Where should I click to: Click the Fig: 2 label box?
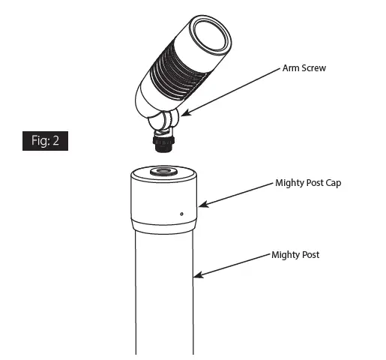[x=45, y=141]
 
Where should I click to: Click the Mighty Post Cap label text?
[x=308, y=183]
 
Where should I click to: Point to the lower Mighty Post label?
[x=296, y=255]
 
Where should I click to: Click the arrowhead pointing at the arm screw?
[x=183, y=115]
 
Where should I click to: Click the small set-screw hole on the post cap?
[x=182, y=213]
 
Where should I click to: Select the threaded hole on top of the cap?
[x=163, y=172]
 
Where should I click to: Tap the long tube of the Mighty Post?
[x=164, y=292]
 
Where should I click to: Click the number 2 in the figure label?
[x=58, y=141]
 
